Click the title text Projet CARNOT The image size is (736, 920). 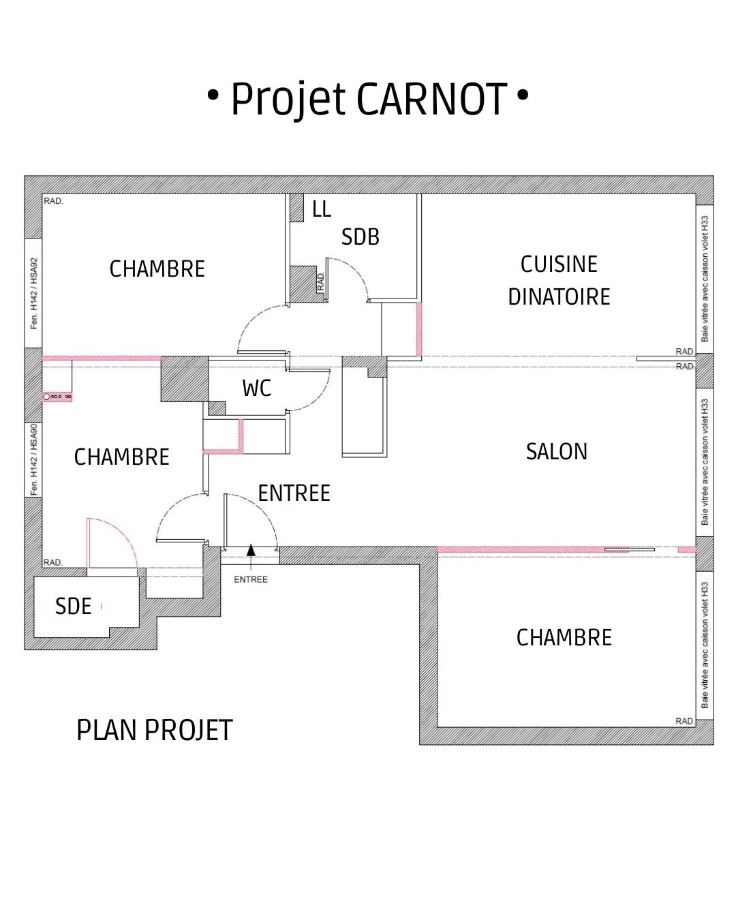(369, 99)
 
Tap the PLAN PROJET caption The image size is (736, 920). (155, 730)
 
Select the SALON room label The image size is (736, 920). (556, 452)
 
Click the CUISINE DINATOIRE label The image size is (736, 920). (559, 281)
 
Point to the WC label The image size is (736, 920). (257, 388)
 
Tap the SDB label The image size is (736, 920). (360, 237)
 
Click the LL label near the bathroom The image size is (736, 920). (322, 209)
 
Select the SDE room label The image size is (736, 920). (73, 607)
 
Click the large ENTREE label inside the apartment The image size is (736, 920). (294, 493)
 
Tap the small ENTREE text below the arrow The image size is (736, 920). (251, 579)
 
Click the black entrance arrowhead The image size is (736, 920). (251, 550)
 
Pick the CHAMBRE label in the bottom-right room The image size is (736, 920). (564, 638)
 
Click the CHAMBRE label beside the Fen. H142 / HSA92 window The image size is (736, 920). (157, 269)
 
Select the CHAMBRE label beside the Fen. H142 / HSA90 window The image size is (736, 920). (121, 457)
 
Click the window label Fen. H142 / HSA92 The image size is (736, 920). (34, 293)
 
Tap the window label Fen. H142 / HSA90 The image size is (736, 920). (34, 460)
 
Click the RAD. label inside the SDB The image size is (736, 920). (321, 282)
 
